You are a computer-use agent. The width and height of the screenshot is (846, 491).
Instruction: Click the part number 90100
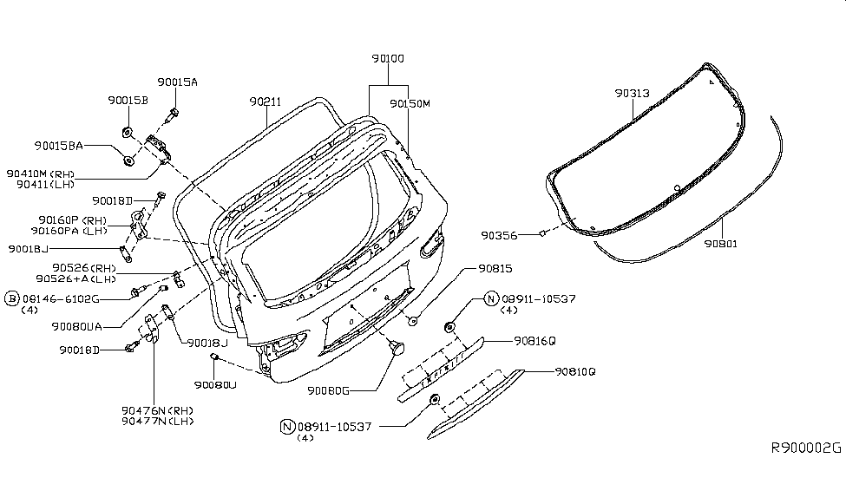pyautogui.click(x=388, y=58)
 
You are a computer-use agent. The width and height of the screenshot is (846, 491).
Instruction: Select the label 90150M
pyautogui.click(x=410, y=103)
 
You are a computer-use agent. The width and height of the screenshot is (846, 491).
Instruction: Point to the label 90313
pyautogui.click(x=633, y=93)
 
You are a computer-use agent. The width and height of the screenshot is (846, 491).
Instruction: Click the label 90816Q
pyautogui.click(x=534, y=341)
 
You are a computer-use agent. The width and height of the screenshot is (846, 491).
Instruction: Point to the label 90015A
pyautogui.click(x=178, y=82)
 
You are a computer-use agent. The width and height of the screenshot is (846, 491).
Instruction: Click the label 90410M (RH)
pyautogui.click(x=41, y=173)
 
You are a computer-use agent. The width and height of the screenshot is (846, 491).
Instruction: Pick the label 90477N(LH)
pyautogui.click(x=158, y=421)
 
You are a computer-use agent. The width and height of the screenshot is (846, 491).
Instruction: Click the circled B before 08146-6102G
pyautogui.click(x=12, y=298)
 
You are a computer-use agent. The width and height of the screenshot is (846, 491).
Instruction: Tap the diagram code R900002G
pyautogui.click(x=806, y=448)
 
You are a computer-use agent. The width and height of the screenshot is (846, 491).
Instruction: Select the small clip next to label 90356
pyautogui.click(x=541, y=232)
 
